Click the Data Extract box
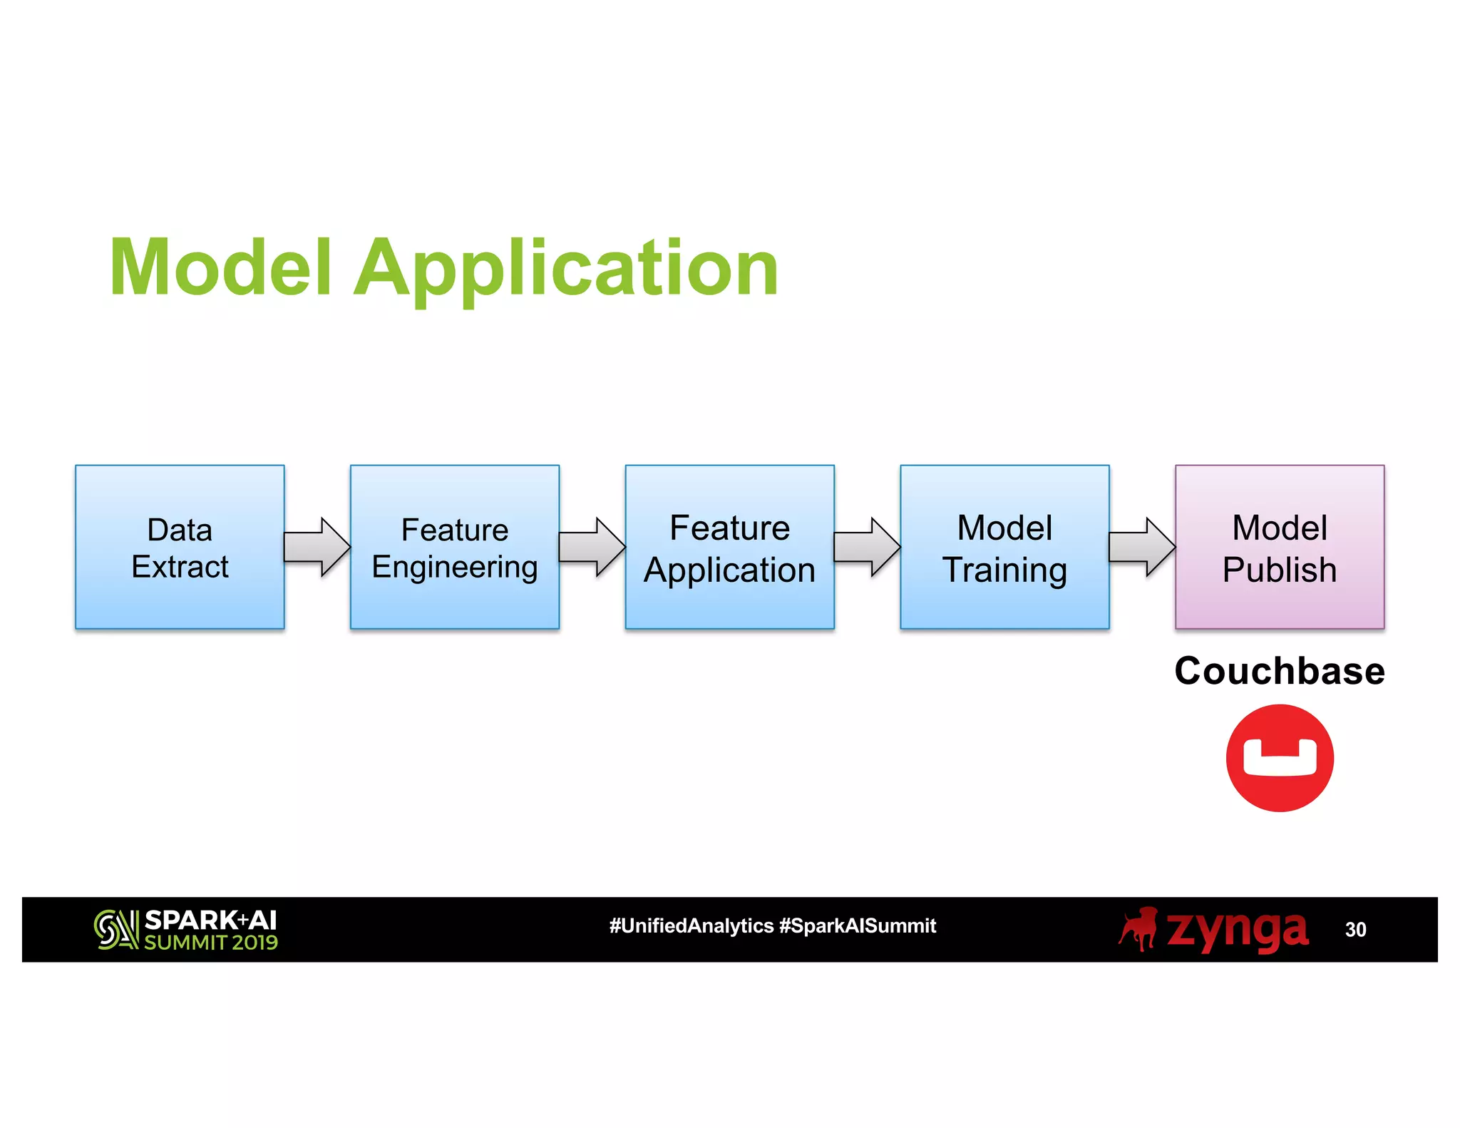pyautogui.click(x=180, y=547)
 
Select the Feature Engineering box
pyautogui.click(x=455, y=547)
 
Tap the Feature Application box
pyautogui.click(x=729, y=547)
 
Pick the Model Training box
pyautogui.click(x=1004, y=547)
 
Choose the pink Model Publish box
pyautogui.click(x=1280, y=547)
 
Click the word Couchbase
pyautogui.click(x=1280, y=671)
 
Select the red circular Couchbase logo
pyautogui.click(x=1280, y=758)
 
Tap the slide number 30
pyautogui.click(x=1355, y=930)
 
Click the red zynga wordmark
pyautogui.click(x=1237, y=930)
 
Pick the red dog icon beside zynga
pyautogui.click(x=1138, y=928)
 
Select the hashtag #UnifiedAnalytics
pyautogui.click(x=691, y=926)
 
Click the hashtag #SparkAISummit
pyautogui.click(x=858, y=926)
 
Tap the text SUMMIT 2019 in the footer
pyautogui.click(x=211, y=943)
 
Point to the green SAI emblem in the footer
pyautogui.click(x=115, y=929)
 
